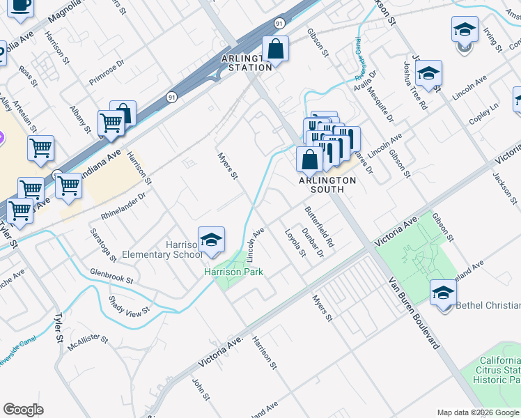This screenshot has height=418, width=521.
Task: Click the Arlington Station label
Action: pos(246,63)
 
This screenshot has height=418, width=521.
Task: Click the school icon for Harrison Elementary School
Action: pos(211,240)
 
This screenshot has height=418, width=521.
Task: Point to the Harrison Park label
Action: pos(233,272)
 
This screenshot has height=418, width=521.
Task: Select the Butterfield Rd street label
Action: pos(320,228)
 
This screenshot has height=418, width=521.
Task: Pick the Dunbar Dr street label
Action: pos(313,242)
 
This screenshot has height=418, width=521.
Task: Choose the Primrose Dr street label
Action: pos(106,72)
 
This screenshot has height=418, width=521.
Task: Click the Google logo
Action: pos(24,409)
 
